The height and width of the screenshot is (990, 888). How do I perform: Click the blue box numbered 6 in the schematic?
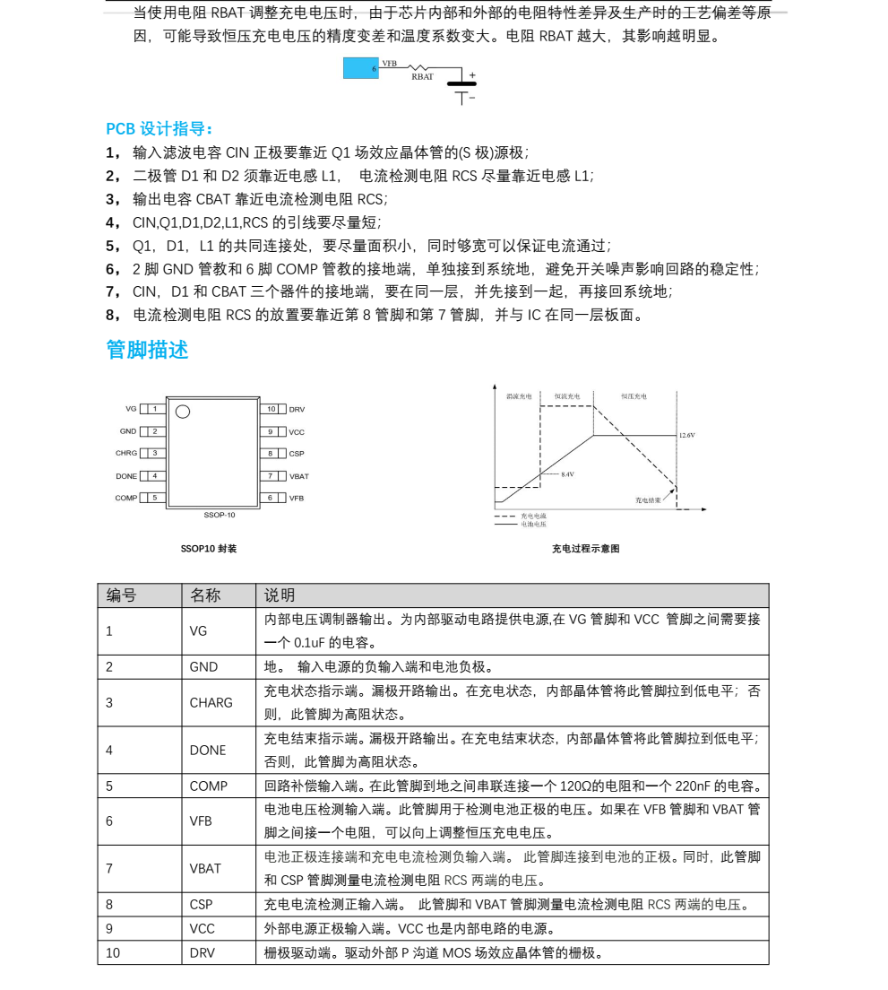coord(361,68)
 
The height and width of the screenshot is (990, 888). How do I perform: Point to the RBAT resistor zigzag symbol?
coord(420,67)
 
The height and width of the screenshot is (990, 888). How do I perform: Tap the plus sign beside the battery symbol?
coord(472,75)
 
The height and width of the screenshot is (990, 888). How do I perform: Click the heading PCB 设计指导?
coord(159,128)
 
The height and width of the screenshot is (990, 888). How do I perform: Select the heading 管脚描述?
coord(147,350)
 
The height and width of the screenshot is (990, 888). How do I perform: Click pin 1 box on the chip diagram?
coord(154,409)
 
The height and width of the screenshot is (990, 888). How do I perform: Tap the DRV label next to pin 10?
coord(297,409)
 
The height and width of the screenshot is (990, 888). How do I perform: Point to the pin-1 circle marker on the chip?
coord(183,412)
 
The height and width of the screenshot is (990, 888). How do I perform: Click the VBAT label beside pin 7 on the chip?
coord(298,476)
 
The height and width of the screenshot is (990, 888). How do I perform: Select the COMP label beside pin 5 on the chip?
coord(125,498)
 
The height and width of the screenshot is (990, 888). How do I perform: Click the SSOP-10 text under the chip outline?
coord(220,515)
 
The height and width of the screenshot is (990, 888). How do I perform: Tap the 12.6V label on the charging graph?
coord(686,435)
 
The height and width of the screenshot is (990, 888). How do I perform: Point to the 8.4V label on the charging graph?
coord(567,473)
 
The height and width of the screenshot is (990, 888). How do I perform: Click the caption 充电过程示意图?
coord(585,549)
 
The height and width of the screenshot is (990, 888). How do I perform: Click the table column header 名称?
coord(205,595)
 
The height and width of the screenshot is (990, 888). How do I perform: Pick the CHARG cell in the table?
coord(211,703)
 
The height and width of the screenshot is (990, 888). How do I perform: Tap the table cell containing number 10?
coord(113,952)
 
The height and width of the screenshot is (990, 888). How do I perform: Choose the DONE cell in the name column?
coord(208,751)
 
